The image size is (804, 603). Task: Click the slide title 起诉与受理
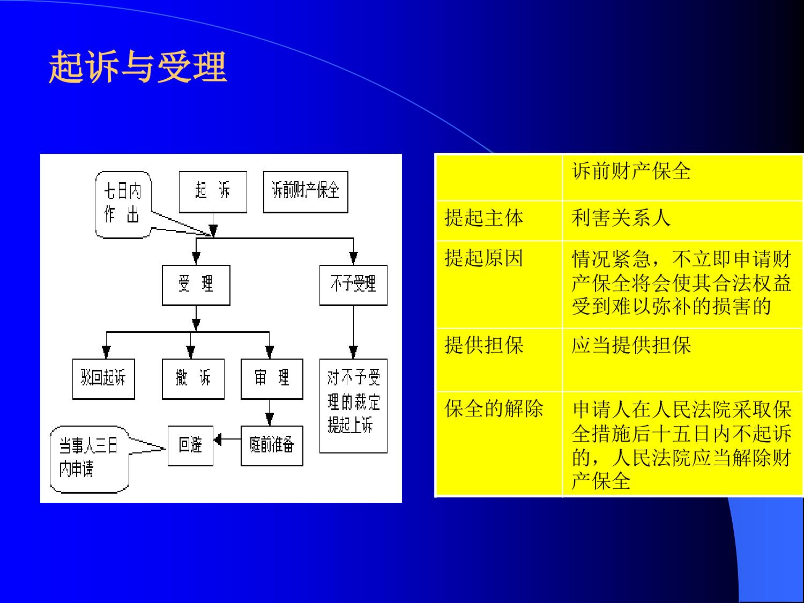(x=138, y=66)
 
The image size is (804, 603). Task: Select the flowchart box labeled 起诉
(x=213, y=192)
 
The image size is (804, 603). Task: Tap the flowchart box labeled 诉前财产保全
(x=306, y=192)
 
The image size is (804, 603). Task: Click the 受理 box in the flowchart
(x=196, y=285)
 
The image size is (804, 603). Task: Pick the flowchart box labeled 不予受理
(x=353, y=285)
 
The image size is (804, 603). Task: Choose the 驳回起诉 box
(x=103, y=379)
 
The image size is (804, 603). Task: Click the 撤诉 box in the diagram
(x=193, y=379)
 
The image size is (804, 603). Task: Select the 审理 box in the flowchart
(x=272, y=379)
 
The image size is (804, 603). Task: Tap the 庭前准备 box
(x=272, y=445)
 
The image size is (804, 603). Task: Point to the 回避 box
(x=190, y=445)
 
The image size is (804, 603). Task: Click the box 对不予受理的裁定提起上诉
(x=353, y=406)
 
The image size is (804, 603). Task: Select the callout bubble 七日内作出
(x=123, y=205)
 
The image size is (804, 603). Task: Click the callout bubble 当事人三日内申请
(x=90, y=459)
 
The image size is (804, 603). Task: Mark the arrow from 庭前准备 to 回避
(x=227, y=439)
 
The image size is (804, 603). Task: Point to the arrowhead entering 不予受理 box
(x=353, y=258)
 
